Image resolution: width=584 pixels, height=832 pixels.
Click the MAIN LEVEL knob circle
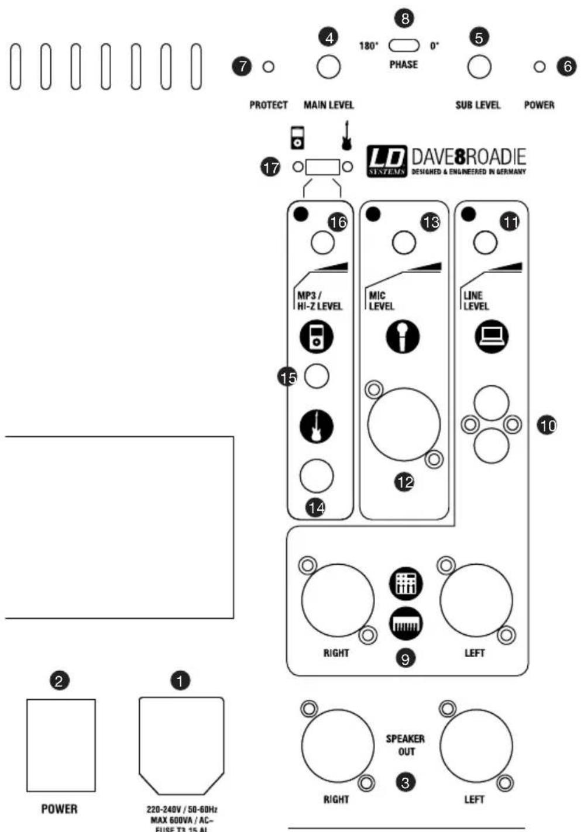pyautogui.click(x=328, y=67)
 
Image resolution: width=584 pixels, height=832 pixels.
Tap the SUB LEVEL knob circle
pyautogui.click(x=479, y=67)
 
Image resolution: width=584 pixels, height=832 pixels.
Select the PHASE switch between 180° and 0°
pyautogui.click(x=404, y=45)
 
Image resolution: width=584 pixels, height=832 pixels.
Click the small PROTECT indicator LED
pyautogui.click(x=269, y=67)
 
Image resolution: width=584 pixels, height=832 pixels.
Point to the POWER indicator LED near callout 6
pyautogui.click(x=540, y=67)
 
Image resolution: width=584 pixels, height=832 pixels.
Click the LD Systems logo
pyautogui.click(x=387, y=161)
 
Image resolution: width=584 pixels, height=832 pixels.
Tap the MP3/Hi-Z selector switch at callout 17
pyautogui.click(x=322, y=167)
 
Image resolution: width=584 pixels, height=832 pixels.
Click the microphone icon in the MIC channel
pyautogui.click(x=403, y=337)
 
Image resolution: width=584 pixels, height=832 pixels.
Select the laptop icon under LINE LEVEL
pyautogui.click(x=492, y=337)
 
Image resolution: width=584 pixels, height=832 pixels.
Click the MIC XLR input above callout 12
pyautogui.click(x=404, y=424)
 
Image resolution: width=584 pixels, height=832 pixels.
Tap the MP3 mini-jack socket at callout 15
pyautogui.click(x=317, y=377)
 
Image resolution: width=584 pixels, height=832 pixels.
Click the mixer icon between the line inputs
pyautogui.click(x=406, y=584)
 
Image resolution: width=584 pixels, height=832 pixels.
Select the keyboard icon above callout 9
pyautogui.click(x=406, y=624)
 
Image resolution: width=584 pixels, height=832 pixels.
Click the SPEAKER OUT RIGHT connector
pyautogui.click(x=338, y=746)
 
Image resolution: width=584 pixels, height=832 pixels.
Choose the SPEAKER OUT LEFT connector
pyautogui.click(x=476, y=746)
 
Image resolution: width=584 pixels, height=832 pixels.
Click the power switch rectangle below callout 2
pyautogui.click(x=61, y=745)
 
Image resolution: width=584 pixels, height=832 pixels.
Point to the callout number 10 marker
pyautogui.click(x=547, y=426)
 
